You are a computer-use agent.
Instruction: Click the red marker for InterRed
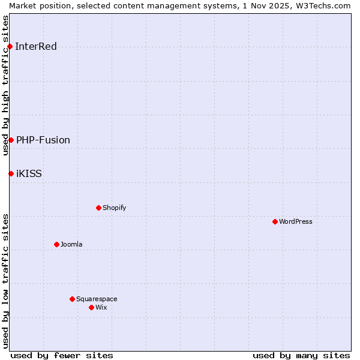click(x=10, y=47)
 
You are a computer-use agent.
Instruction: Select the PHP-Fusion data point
click(x=11, y=140)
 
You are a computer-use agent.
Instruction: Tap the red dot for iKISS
click(x=11, y=173)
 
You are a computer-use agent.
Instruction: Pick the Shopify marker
click(x=98, y=208)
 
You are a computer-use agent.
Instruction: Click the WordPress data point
click(x=275, y=221)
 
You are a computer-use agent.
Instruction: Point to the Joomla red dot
click(x=56, y=244)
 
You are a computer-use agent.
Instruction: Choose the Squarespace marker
click(x=72, y=299)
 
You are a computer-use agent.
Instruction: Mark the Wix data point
click(x=91, y=307)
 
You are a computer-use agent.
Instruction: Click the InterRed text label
click(x=36, y=47)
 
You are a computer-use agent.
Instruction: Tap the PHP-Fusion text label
click(x=43, y=140)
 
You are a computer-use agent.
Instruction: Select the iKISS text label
click(x=29, y=173)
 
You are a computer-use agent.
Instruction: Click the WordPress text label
click(x=296, y=221)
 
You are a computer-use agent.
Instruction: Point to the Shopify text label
click(x=114, y=208)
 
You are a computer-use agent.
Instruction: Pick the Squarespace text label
click(x=97, y=299)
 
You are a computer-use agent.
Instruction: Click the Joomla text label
click(x=71, y=244)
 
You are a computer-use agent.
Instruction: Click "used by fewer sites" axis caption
click(x=62, y=355)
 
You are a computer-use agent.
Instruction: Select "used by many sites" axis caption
click(x=301, y=355)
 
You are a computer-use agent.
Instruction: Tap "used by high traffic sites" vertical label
click(x=5, y=85)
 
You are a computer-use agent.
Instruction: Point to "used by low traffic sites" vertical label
click(x=5, y=281)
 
